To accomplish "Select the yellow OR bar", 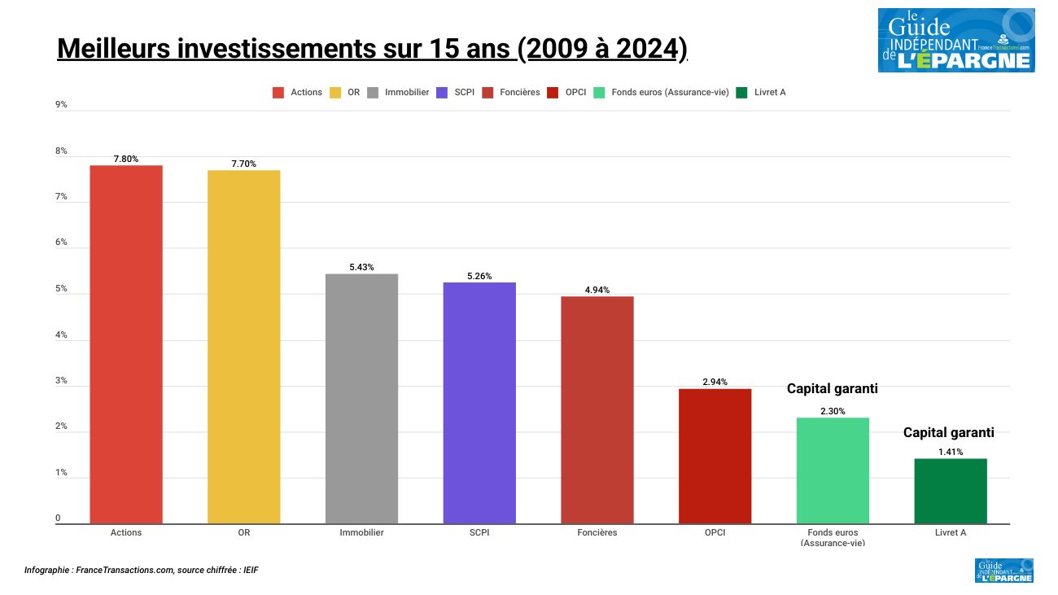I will pos(243,347).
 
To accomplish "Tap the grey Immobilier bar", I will pos(361,399).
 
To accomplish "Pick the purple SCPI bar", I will pos(479,403).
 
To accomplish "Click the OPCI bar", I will pos(715,456).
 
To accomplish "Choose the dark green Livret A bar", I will pos(951,491).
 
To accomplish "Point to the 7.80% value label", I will pos(126,159).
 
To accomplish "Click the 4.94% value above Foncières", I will pos(597,290).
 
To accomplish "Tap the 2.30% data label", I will pos(833,411).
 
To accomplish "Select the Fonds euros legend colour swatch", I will pos(599,92).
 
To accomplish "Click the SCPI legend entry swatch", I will pos(443,92).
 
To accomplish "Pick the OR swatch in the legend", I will pos(335,92).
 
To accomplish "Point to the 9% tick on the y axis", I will pos(61,105).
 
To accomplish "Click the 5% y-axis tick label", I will pos(61,290).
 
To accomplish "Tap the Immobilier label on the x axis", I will pos(361,532).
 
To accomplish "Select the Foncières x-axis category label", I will pos(597,532).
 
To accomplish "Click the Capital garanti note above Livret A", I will pos(948,432).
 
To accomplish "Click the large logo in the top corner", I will pos(955,41).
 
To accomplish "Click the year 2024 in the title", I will pos(646,49).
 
